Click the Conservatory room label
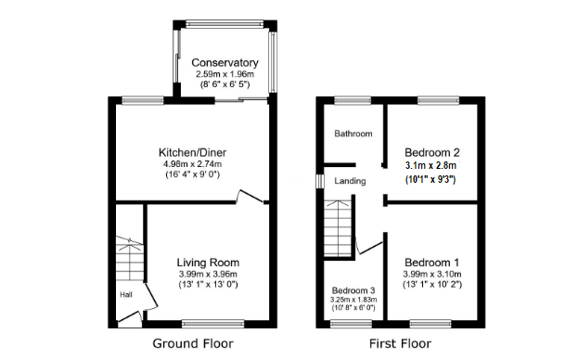point(225,63)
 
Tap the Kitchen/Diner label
point(192,152)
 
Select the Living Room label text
point(208,262)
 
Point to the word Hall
point(125,295)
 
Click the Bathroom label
point(353,134)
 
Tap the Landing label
point(351,181)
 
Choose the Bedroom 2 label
point(431,152)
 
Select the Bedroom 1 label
point(430,262)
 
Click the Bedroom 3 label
point(354,289)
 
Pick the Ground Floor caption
point(193,343)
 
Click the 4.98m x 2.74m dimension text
point(192,164)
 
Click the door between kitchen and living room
point(249,196)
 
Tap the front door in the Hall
point(128,318)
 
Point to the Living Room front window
point(207,322)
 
